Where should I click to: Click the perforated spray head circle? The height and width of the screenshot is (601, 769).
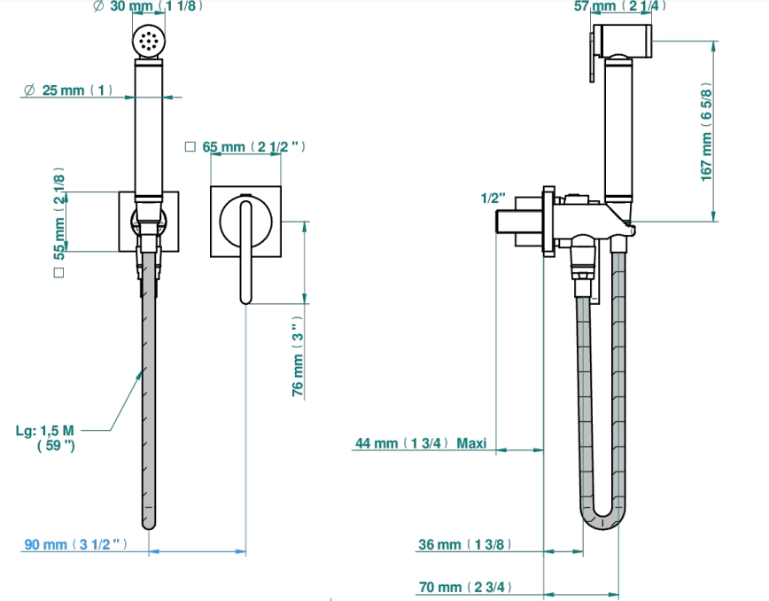click(x=149, y=40)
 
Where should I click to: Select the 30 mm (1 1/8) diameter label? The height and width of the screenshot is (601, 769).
click(x=148, y=6)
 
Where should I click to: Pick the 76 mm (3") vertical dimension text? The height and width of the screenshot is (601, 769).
click(x=298, y=356)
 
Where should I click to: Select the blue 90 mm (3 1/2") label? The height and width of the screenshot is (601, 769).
click(x=75, y=544)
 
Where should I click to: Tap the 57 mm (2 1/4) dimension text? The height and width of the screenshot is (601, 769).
click(x=620, y=6)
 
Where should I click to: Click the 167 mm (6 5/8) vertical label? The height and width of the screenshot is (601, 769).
click(x=706, y=131)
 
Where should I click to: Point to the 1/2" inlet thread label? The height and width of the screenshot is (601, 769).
click(x=493, y=199)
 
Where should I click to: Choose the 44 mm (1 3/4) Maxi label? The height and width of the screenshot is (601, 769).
click(x=421, y=443)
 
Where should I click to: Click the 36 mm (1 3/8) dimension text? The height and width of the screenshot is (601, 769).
click(x=465, y=544)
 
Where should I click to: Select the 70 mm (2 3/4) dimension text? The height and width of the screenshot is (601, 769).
click(x=465, y=587)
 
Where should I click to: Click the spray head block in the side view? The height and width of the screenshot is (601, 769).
click(x=622, y=41)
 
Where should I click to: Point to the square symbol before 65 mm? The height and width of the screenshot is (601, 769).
click(x=190, y=146)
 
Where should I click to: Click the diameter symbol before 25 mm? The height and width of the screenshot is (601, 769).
click(x=29, y=90)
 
